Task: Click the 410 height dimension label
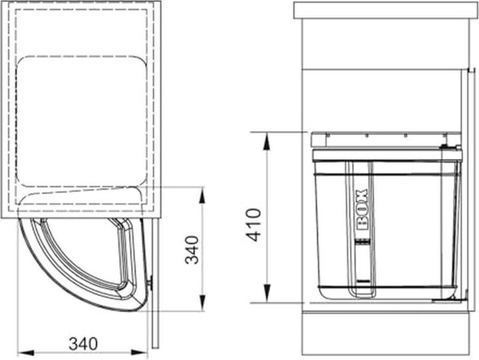[x=254, y=225]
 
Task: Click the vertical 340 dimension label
[x=192, y=250]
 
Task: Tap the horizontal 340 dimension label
[x=83, y=344]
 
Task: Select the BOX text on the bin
[x=362, y=210]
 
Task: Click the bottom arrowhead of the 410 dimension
[x=267, y=293]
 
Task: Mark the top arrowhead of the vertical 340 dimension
[x=202, y=196]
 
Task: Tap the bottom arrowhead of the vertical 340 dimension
[x=202, y=303]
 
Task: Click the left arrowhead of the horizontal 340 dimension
[x=26, y=353]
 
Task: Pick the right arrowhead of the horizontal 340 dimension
[x=139, y=353]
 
